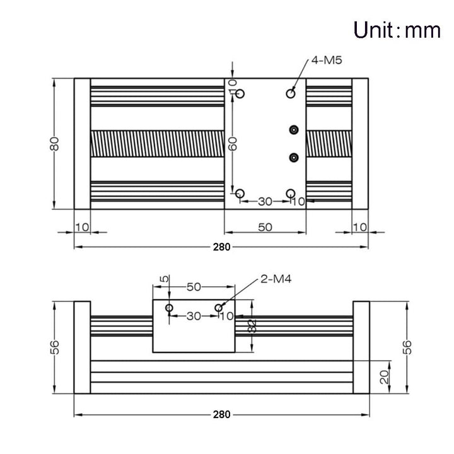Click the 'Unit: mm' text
tap(397, 30)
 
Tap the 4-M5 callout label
tap(327, 61)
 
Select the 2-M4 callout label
tap(276, 279)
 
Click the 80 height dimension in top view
tap(54, 144)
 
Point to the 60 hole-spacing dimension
tap(233, 144)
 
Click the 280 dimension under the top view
tap(221, 247)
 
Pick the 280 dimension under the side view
tap(221, 415)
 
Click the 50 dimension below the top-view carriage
tap(265, 227)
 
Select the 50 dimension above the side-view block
tap(194, 287)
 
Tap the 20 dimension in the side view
tap(384, 377)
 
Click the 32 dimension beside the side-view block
tap(252, 326)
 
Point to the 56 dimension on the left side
tap(54, 347)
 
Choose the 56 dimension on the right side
tap(407, 347)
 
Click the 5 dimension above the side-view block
tap(164, 279)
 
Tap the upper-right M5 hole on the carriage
tap(291, 93)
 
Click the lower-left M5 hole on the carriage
tap(240, 193)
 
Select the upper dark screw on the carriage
tap(294, 130)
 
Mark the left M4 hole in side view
tap(170, 308)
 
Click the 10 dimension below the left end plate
tap(82, 227)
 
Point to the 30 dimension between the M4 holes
tap(194, 316)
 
